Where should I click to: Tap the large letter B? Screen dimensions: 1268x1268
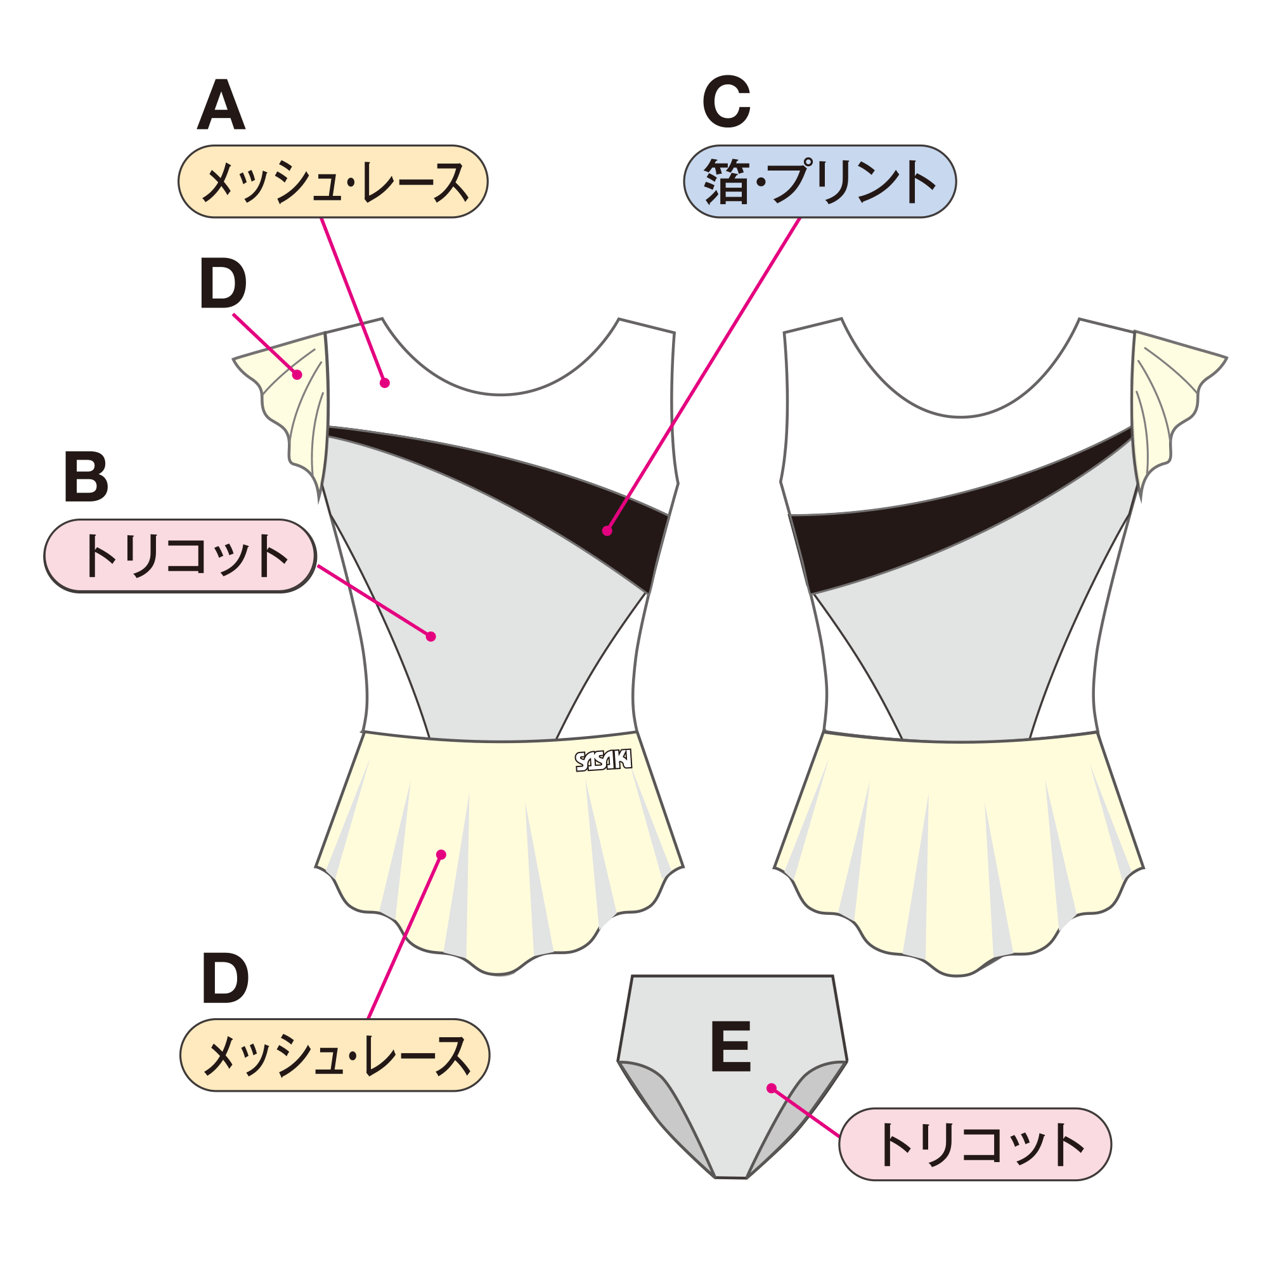pos(86,477)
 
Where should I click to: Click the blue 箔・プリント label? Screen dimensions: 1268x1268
pos(820,182)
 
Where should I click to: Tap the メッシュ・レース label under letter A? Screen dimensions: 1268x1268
pos(333,182)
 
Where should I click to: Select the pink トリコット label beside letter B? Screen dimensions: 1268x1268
pos(180,556)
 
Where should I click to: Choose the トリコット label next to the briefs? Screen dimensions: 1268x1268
pos(974,1144)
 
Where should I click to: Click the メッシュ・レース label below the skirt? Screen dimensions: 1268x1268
pos(335,1056)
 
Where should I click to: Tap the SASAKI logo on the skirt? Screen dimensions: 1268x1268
pos(603,761)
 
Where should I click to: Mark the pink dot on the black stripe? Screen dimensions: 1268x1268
pos(607,531)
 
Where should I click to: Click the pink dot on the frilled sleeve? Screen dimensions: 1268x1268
pos(297,375)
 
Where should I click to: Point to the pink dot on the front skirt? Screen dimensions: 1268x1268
pos(441,855)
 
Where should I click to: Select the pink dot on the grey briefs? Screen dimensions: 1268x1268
pos(771,1088)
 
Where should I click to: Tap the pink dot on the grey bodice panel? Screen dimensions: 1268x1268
pos(430,636)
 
